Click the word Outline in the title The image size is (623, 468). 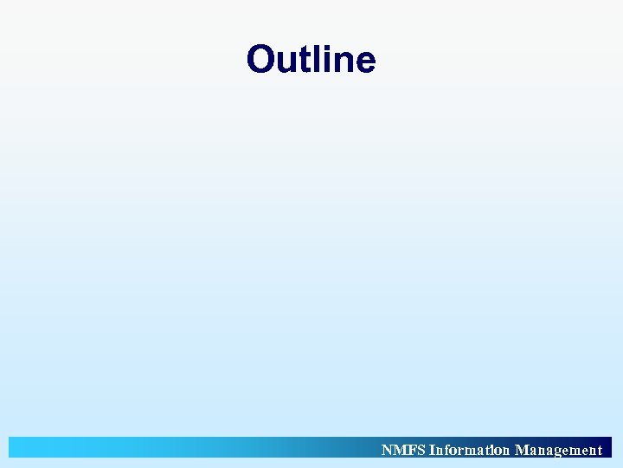[311, 60]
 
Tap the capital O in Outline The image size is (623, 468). [261, 60]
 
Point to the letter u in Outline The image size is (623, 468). [286, 62]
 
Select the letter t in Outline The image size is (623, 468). [302, 61]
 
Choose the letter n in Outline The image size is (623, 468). [336, 62]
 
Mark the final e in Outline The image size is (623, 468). [364, 62]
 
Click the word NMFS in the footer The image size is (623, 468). [403, 450]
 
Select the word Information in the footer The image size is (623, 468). [469, 450]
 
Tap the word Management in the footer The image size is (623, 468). [558, 450]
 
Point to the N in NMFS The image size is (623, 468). [387, 450]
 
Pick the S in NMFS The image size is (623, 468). [421, 450]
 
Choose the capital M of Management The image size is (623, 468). [522, 450]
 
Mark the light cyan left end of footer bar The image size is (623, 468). [26, 447]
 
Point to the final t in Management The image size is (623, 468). [599, 451]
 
